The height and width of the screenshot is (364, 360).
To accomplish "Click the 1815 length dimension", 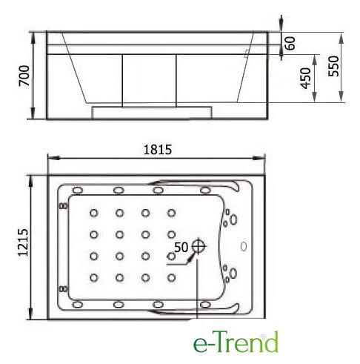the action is click(x=157, y=149).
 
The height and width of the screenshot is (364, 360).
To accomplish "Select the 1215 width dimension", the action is click(x=24, y=242).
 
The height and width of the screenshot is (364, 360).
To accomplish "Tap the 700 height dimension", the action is click(x=24, y=76).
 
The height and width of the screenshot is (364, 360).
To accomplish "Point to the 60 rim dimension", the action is click(x=290, y=43).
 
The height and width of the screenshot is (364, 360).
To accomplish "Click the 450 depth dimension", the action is click(x=305, y=78).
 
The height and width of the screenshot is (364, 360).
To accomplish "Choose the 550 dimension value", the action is click(x=333, y=66).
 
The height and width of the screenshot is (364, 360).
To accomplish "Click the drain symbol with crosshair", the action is click(x=198, y=245).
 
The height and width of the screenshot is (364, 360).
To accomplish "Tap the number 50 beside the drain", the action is click(x=181, y=247).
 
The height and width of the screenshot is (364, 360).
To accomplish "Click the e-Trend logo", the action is click(x=236, y=342).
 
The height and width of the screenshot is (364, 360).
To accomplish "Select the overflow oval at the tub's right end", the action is click(x=244, y=246).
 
